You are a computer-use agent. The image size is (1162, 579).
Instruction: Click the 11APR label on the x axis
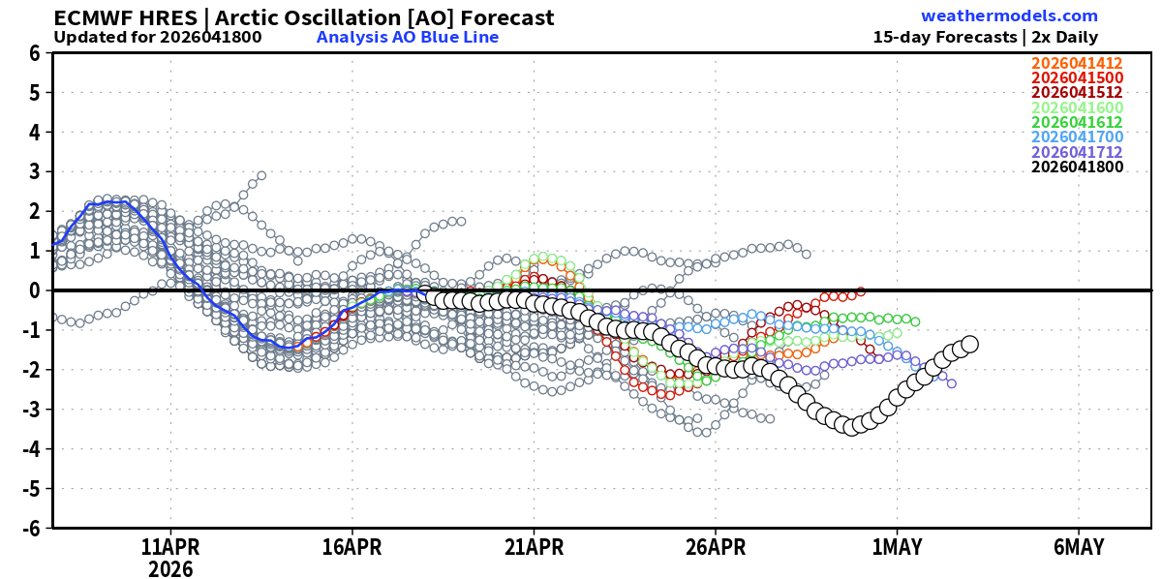[170, 547]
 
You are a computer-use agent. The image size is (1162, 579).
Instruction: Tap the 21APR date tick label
[534, 547]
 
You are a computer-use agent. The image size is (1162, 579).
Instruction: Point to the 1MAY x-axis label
[897, 547]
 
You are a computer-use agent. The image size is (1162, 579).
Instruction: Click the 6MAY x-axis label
[1078, 547]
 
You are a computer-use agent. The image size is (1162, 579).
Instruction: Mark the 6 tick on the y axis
[34, 53]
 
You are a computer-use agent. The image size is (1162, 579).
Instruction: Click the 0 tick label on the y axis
[34, 290]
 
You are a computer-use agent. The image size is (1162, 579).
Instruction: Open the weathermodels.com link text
[1009, 16]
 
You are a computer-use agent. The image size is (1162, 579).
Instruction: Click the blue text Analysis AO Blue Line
[408, 38]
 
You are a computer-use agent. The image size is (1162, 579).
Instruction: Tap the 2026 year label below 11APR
[170, 569]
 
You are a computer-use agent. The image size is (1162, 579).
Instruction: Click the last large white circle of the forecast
[969, 344]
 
